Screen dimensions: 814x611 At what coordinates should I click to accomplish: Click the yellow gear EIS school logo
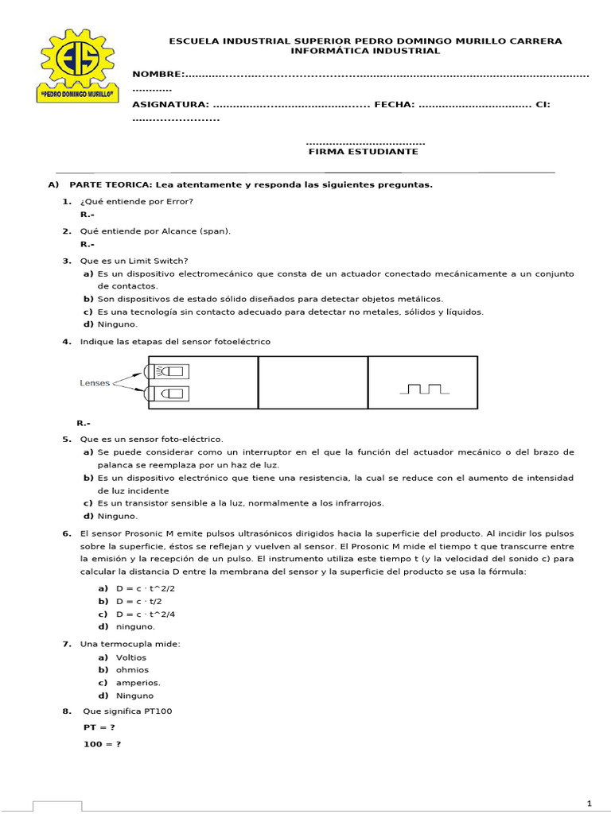(77, 70)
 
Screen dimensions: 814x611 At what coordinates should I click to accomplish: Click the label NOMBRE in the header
(158, 75)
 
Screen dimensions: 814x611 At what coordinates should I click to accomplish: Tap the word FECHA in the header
(393, 104)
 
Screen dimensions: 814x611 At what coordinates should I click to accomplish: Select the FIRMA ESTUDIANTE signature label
(363, 152)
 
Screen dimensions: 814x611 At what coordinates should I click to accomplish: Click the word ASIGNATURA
(170, 104)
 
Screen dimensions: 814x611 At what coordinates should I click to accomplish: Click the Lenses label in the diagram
(95, 382)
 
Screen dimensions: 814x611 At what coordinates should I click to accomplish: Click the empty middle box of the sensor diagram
(313, 382)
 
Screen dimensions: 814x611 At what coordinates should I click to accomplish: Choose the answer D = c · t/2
(139, 601)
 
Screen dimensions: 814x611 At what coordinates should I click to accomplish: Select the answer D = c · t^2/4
(145, 614)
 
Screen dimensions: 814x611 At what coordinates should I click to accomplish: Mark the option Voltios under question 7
(131, 657)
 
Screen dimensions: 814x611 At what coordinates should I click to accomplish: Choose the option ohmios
(132, 669)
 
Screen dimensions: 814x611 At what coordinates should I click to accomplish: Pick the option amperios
(138, 682)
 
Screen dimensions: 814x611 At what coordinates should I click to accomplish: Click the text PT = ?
(99, 727)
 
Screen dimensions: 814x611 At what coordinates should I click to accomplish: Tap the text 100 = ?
(102, 744)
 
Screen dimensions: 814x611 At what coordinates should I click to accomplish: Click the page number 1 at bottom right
(589, 801)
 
